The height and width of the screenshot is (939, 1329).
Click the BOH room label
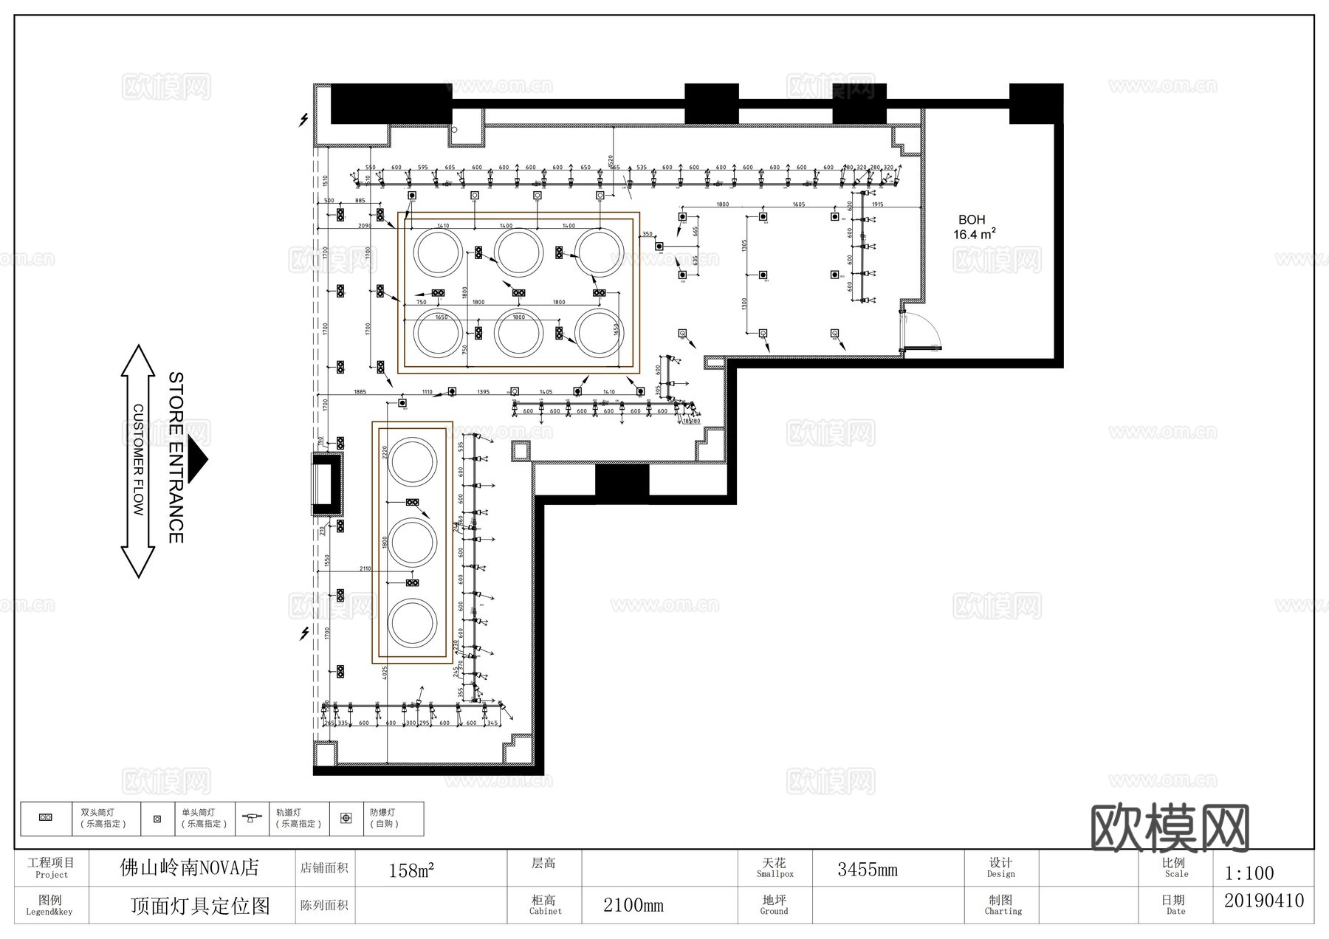click(971, 220)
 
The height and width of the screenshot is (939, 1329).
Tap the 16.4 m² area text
click(974, 235)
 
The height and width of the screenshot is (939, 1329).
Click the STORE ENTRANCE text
click(176, 458)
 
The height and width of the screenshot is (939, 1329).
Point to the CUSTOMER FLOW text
click(138, 459)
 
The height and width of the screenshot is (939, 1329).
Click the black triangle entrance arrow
click(197, 459)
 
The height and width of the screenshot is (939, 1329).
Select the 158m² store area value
click(411, 870)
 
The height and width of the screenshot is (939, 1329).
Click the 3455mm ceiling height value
click(867, 870)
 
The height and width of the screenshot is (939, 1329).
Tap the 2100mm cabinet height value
click(633, 905)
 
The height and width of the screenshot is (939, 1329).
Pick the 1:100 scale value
click(1249, 873)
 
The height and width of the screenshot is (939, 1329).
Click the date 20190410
click(1264, 901)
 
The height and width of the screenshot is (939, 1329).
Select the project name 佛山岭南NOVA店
click(190, 868)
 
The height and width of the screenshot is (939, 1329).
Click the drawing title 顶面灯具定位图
click(200, 906)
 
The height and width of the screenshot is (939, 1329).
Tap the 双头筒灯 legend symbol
click(46, 818)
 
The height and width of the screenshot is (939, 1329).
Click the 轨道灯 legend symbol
click(251, 818)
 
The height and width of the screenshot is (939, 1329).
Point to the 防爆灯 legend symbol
click(346, 818)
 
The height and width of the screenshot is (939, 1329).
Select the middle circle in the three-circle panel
click(413, 543)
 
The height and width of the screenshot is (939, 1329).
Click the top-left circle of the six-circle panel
click(438, 252)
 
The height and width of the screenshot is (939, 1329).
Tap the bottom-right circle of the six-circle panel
click(599, 333)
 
